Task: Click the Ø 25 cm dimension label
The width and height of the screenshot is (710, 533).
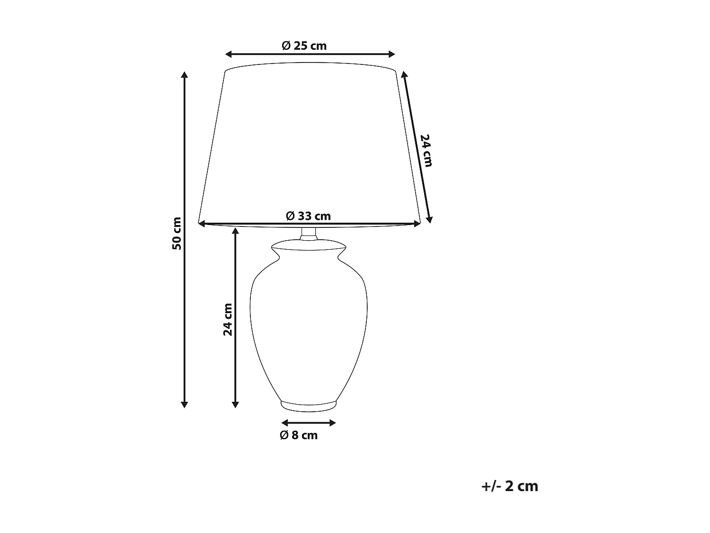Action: [x=304, y=46]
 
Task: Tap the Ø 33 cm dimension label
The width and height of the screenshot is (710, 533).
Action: [x=308, y=216]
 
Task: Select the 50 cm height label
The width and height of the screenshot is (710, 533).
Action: [x=177, y=234]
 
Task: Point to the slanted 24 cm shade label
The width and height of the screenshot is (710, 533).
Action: [x=426, y=150]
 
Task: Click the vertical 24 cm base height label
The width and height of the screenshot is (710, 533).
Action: [x=228, y=319]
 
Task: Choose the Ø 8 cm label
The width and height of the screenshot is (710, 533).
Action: [x=299, y=435]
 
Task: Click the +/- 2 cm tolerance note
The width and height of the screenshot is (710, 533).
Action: [x=509, y=487]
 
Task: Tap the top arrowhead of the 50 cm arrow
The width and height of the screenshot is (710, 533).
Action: [x=185, y=75]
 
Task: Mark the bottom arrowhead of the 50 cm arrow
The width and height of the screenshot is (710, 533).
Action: [x=185, y=404]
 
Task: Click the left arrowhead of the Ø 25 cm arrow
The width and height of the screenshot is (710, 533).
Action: [x=229, y=54]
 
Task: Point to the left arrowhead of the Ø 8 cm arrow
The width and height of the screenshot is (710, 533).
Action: [x=284, y=423]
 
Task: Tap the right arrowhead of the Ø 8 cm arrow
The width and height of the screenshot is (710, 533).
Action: [x=333, y=423]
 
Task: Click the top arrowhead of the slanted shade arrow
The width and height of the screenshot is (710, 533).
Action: [x=404, y=74]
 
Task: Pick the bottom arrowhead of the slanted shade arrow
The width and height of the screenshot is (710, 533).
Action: [x=429, y=219]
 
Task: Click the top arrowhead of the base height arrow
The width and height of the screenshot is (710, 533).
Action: [x=235, y=231]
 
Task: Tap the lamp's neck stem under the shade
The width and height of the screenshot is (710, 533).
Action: [x=309, y=233]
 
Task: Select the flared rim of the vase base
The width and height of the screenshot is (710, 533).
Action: [x=308, y=247]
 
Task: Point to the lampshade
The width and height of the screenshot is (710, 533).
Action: [x=310, y=142]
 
